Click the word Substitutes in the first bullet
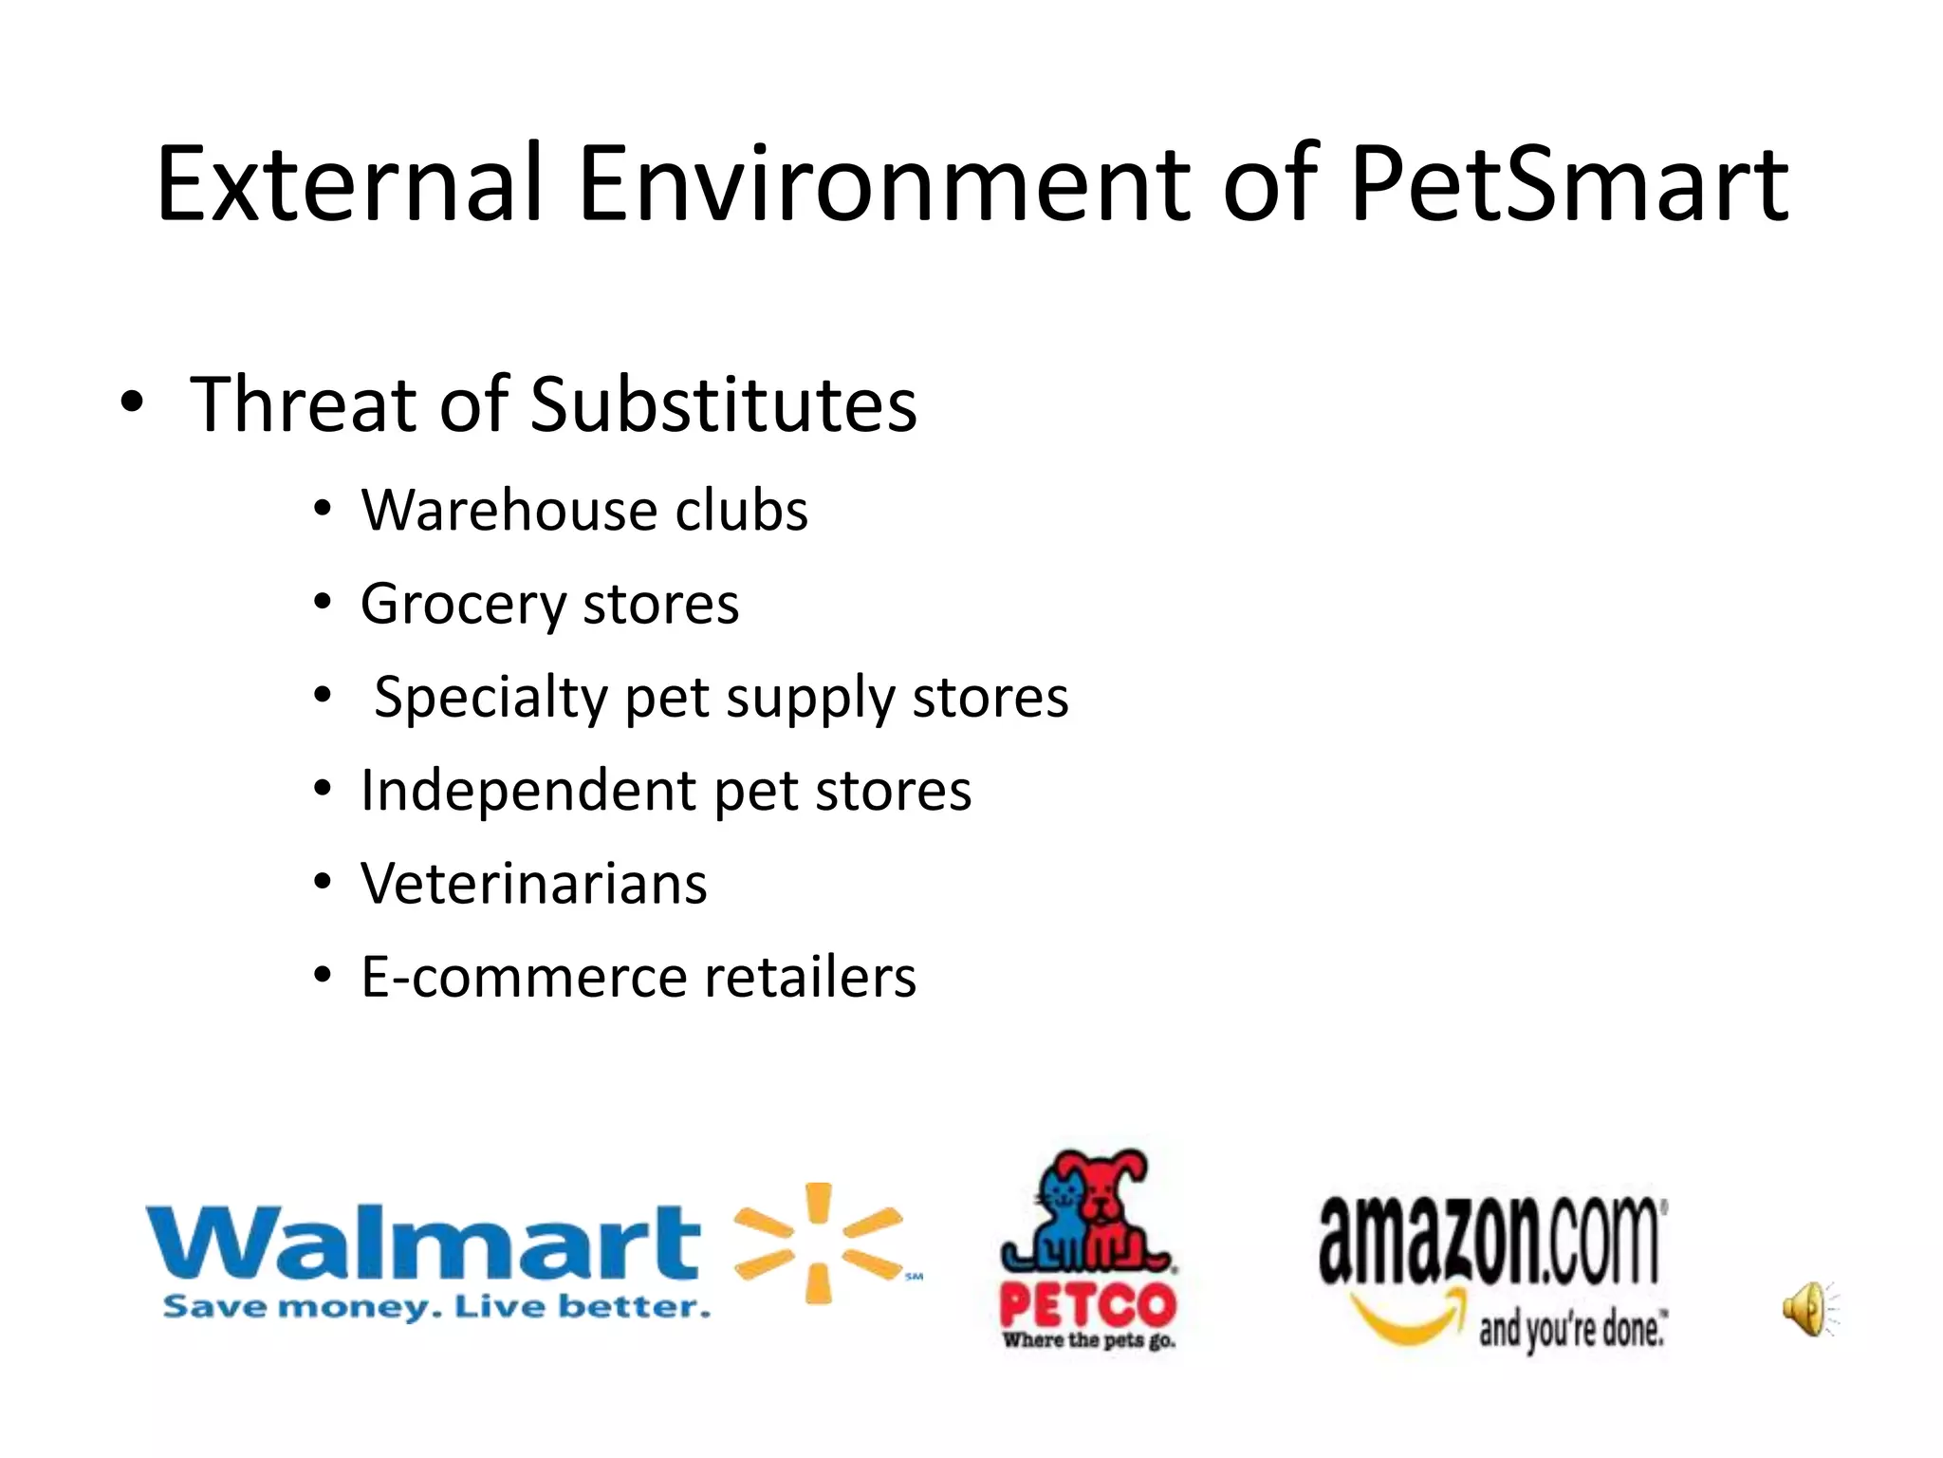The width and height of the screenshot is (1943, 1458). point(723,404)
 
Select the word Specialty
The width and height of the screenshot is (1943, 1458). point(490,698)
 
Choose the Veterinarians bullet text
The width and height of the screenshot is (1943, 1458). point(533,884)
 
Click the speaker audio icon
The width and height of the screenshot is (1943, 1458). point(1808,1309)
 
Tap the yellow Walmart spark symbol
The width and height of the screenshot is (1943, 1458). point(818,1243)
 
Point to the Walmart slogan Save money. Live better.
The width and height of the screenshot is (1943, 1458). point(436,1308)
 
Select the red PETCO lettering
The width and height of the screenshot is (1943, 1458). point(1087,1307)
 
